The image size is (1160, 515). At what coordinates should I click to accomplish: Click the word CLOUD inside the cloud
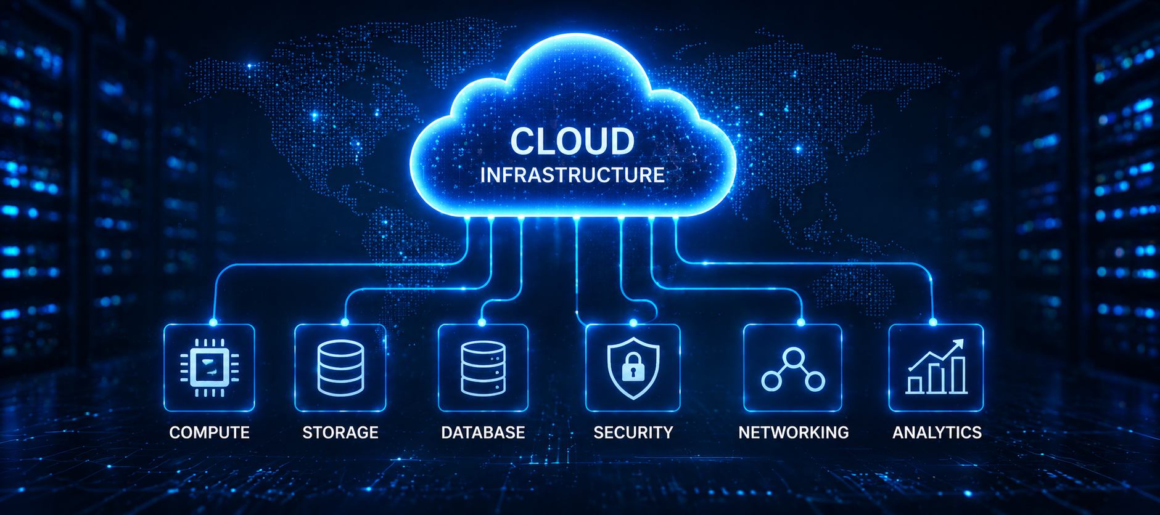572,141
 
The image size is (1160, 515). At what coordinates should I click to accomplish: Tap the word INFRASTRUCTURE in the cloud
572,175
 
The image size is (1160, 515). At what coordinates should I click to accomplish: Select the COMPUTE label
209,432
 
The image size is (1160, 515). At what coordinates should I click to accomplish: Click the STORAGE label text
340,432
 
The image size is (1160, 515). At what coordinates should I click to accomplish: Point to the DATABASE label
483,432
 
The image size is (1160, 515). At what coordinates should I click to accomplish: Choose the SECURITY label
633,432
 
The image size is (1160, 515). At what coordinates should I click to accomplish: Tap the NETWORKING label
794,432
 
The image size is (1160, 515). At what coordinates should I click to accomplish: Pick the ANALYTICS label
937,432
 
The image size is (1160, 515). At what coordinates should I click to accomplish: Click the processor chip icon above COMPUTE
209,368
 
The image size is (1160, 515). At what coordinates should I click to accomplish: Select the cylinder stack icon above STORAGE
340,368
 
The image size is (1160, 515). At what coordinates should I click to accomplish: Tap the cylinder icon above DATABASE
483,368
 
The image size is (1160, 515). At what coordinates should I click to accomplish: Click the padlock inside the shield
633,368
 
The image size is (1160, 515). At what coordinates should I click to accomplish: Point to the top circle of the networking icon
793,358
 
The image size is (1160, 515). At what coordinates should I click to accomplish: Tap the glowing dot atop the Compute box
213,322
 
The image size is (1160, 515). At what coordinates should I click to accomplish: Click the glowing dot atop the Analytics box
933,322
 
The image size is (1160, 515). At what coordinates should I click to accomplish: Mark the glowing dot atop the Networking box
801,322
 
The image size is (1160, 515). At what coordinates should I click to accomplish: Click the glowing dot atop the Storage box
345,322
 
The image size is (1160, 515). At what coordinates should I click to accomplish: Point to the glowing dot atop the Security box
633,322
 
